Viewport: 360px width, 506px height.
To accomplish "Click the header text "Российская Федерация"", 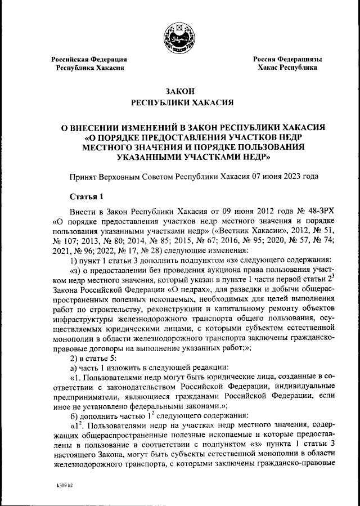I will point(89,59).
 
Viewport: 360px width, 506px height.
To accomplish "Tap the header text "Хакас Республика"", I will point(287,68).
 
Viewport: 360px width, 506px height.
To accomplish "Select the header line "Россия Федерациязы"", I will point(287,59).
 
